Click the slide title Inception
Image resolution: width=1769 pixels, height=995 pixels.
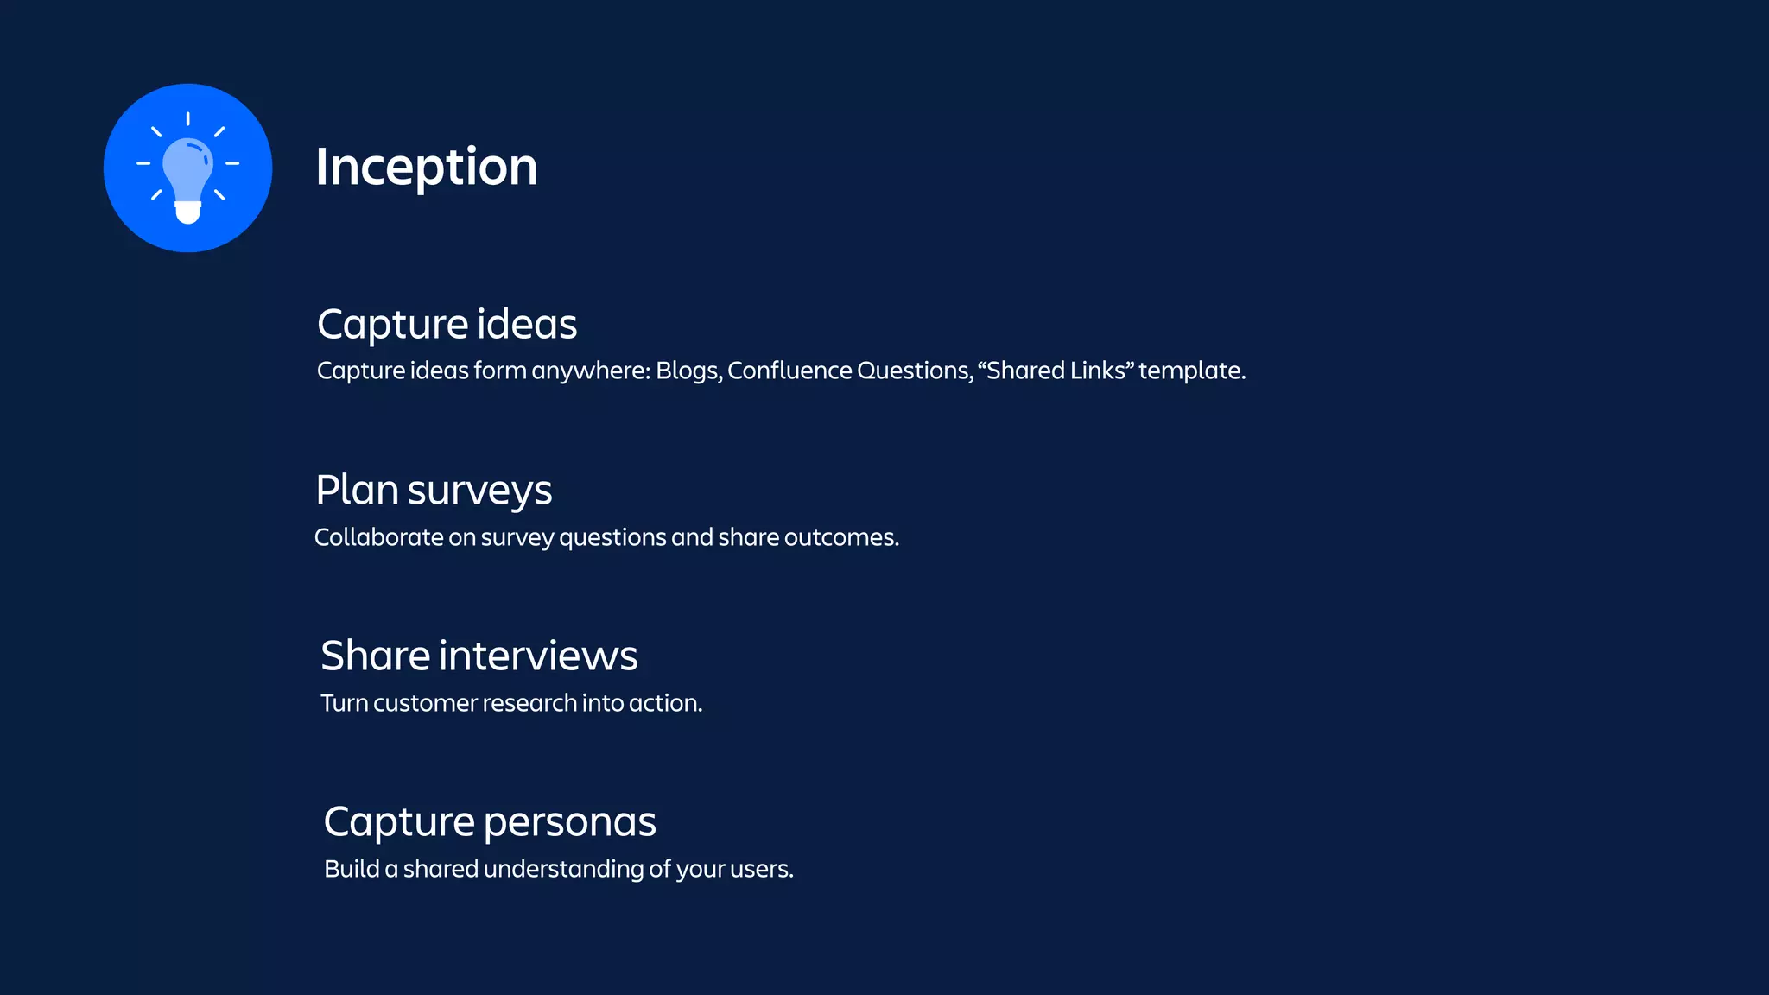click(426, 167)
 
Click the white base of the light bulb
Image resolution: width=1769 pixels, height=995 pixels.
click(187, 212)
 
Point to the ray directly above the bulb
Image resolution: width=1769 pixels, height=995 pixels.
click(187, 118)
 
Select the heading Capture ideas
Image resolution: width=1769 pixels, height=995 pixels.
click(447, 325)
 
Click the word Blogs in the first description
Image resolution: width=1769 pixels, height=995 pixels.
click(688, 371)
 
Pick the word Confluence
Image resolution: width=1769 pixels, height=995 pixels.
click(789, 371)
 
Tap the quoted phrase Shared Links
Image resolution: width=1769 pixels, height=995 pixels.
click(1056, 371)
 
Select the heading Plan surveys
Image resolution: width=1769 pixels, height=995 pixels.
click(434, 491)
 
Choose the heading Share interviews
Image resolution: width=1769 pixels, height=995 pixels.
click(479, 656)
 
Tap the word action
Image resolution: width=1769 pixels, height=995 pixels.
click(664, 703)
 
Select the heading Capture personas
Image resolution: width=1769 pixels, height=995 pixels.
click(490, 821)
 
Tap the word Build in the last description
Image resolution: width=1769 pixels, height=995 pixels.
click(352, 869)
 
